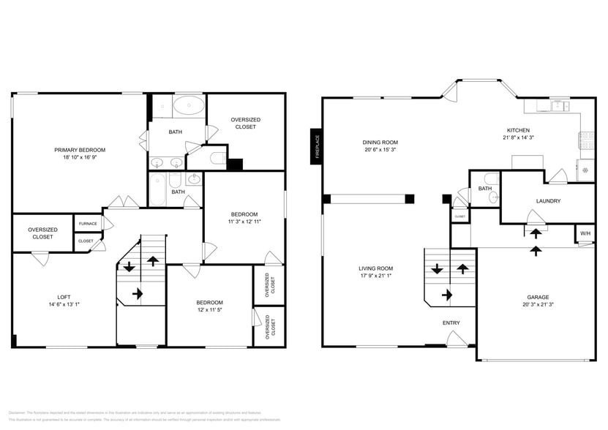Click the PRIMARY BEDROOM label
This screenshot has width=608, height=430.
pyautogui.click(x=80, y=150)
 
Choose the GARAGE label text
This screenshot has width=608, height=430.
pyautogui.click(x=537, y=297)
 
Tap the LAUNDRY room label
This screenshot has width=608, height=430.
pyautogui.click(x=548, y=200)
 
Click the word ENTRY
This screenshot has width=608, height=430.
pyautogui.click(x=451, y=322)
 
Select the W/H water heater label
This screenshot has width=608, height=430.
pyautogui.click(x=585, y=234)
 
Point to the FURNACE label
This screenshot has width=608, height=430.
pyautogui.click(x=88, y=224)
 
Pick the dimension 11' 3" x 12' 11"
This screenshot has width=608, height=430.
pyautogui.click(x=245, y=221)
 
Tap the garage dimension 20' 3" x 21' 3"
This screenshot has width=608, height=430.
pyautogui.click(x=537, y=305)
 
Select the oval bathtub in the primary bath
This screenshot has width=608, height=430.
pyautogui.click(x=189, y=106)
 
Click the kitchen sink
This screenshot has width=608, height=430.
pyautogui.click(x=560, y=105)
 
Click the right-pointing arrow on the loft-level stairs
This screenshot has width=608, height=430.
pyautogui.click(x=137, y=294)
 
